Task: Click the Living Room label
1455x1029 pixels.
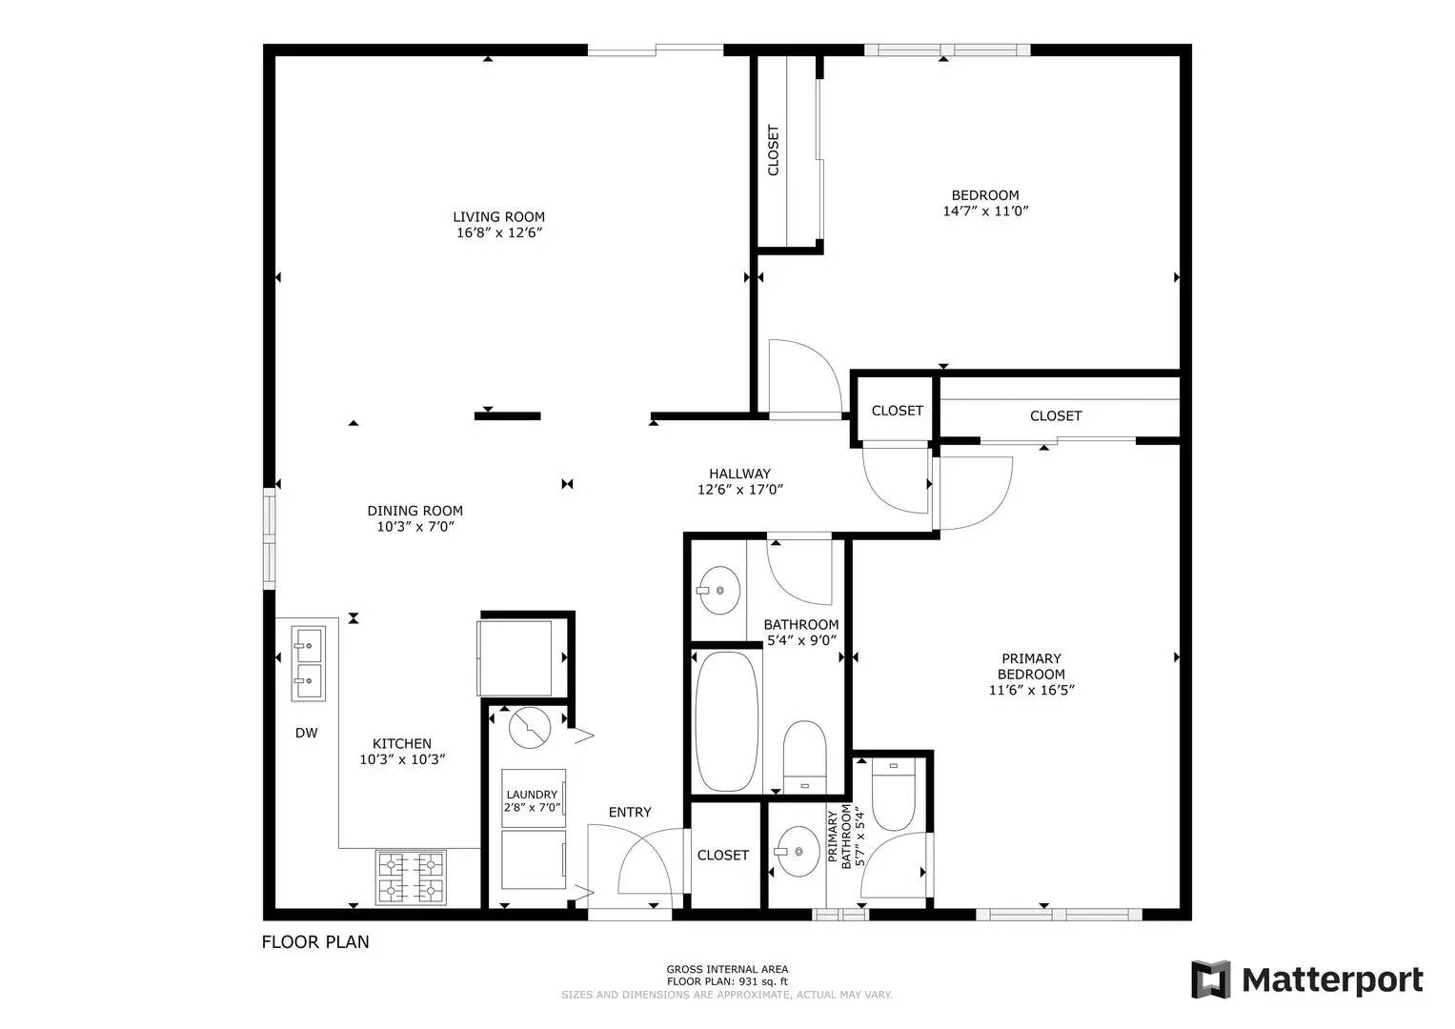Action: (x=498, y=217)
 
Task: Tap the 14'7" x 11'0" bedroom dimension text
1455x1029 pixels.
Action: (x=985, y=212)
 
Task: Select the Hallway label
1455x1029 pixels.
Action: (x=739, y=474)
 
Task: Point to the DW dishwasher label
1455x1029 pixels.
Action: (x=307, y=733)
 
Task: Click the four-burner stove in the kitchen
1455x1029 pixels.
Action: (x=412, y=877)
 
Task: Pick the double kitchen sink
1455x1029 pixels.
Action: (x=308, y=663)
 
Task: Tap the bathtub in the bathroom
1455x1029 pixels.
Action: (x=726, y=721)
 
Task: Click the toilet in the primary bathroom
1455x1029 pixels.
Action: (x=893, y=795)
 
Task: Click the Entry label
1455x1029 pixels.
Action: (x=630, y=812)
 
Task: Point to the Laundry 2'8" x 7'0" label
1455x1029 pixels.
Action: (x=532, y=801)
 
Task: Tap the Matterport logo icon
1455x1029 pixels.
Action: (x=1211, y=979)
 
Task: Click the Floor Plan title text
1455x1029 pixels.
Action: (x=315, y=942)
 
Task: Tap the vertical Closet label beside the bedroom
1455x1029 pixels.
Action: (x=773, y=151)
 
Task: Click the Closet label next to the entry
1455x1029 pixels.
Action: (x=723, y=855)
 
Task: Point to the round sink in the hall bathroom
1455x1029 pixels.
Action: (x=718, y=590)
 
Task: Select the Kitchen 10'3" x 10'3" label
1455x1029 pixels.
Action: (x=402, y=751)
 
